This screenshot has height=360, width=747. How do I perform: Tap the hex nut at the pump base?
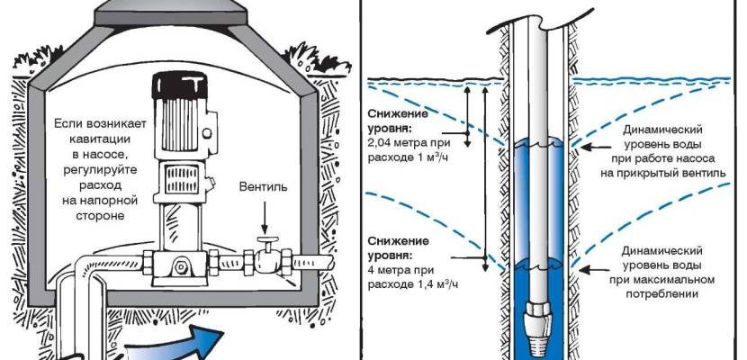[184, 266]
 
